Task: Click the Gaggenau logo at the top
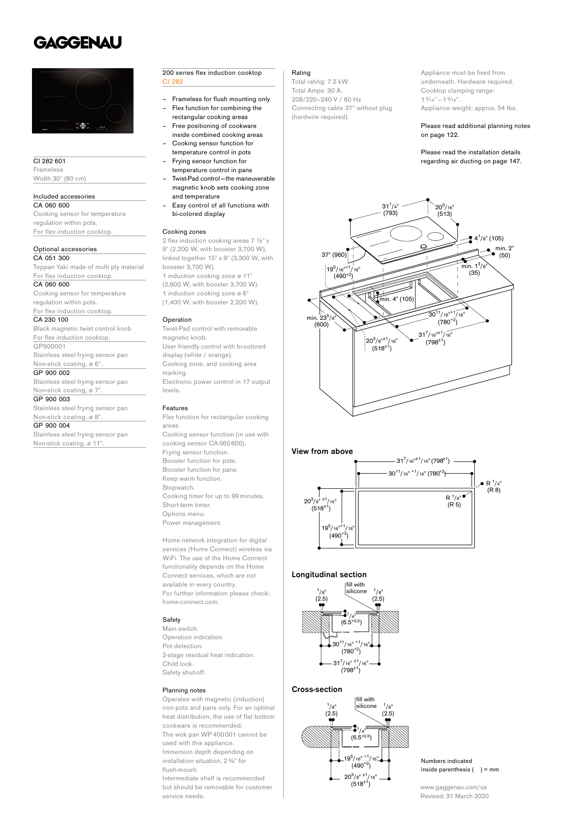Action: pyautogui.click(x=78, y=43)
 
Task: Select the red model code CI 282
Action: pyautogui.click(x=173, y=81)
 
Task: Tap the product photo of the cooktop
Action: pyautogui.click(x=83, y=101)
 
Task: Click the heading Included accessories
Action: pyautogui.click(x=64, y=196)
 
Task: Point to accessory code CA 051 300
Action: pyautogui.click(x=51, y=258)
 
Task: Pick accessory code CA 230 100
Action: pyautogui.click(x=51, y=319)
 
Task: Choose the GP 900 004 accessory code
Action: pyautogui.click(x=51, y=425)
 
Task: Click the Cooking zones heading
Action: pyautogui.click(x=184, y=231)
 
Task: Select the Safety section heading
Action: pyautogui.click(x=171, y=619)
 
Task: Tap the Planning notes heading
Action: pyautogui.click(x=184, y=690)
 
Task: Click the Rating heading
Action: pyautogui.click(x=301, y=72)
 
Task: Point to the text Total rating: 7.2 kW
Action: pyautogui.click(x=320, y=81)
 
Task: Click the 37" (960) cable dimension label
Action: pyautogui.click(x=334, y=254)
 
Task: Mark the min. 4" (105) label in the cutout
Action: pyautogui.click(x=397, y=299)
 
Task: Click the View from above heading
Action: pyautogui.click(x=322, y=451)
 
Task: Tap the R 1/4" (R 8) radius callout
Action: pyautogui.click(x=494, y=486)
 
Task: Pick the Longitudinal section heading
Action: pyautogui.click(x=329, y=574)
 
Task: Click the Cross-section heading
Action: pyautogui.click(x=317, y=689)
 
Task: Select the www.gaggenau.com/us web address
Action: pyautogui.click(x=454, y=787)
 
